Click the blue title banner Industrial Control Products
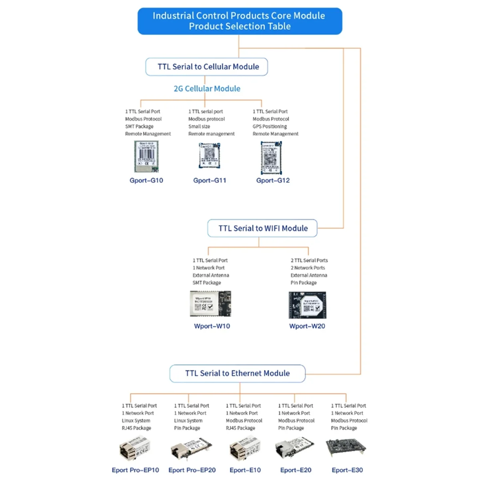click(x=240, y=21)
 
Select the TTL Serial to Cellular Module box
click(x=207, y=67)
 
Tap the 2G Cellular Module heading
click(x=207, y=88)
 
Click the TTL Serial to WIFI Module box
click(x=262, y=228)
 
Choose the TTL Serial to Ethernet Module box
click(x=237, y=373)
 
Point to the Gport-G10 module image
click(x=146, y=156)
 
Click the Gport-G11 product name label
click(x=210, y=180)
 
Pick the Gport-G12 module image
click(x=272, y=158)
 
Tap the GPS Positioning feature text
click(x=270, y=126)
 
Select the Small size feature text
click(x=199, y=126)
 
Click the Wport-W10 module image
click(x=210, y=304)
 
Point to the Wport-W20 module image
click(x=307, y=305)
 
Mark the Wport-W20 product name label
click(x=307, y=326)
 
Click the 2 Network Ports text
click(x=308, y=268)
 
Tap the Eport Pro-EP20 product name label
click(x=192, y=470)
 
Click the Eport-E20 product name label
click(x=296, y=470)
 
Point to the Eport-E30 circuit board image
click(x=346, y=448)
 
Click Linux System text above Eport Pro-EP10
click(x=136, y=420)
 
